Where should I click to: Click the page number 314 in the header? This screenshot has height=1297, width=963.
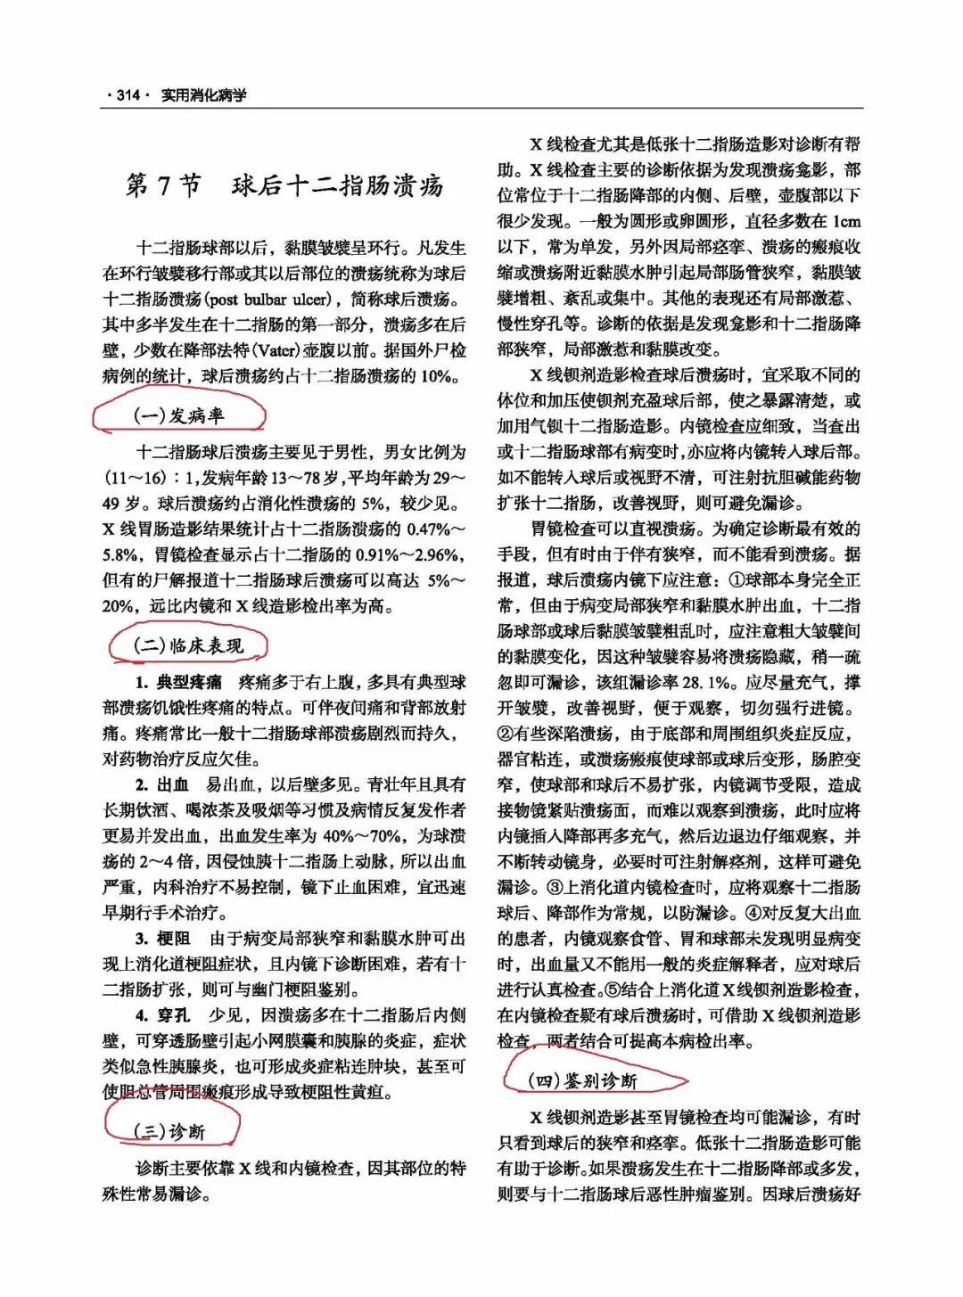(x=128, y=95)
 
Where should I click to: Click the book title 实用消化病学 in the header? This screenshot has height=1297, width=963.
(x=203, y=95)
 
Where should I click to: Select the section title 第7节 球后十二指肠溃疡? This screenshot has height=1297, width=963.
(x=284, y=186)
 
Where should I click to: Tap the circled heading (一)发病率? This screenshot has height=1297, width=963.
(x=178, y=415)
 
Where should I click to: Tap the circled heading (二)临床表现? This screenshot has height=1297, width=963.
(x=188, y=645)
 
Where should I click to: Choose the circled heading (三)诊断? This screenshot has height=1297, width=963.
(x=169, y=1131)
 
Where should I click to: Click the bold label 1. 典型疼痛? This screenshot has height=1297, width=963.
(x=178, y=683)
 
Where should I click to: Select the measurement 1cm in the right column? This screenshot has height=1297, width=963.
(x=845, y=221)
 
